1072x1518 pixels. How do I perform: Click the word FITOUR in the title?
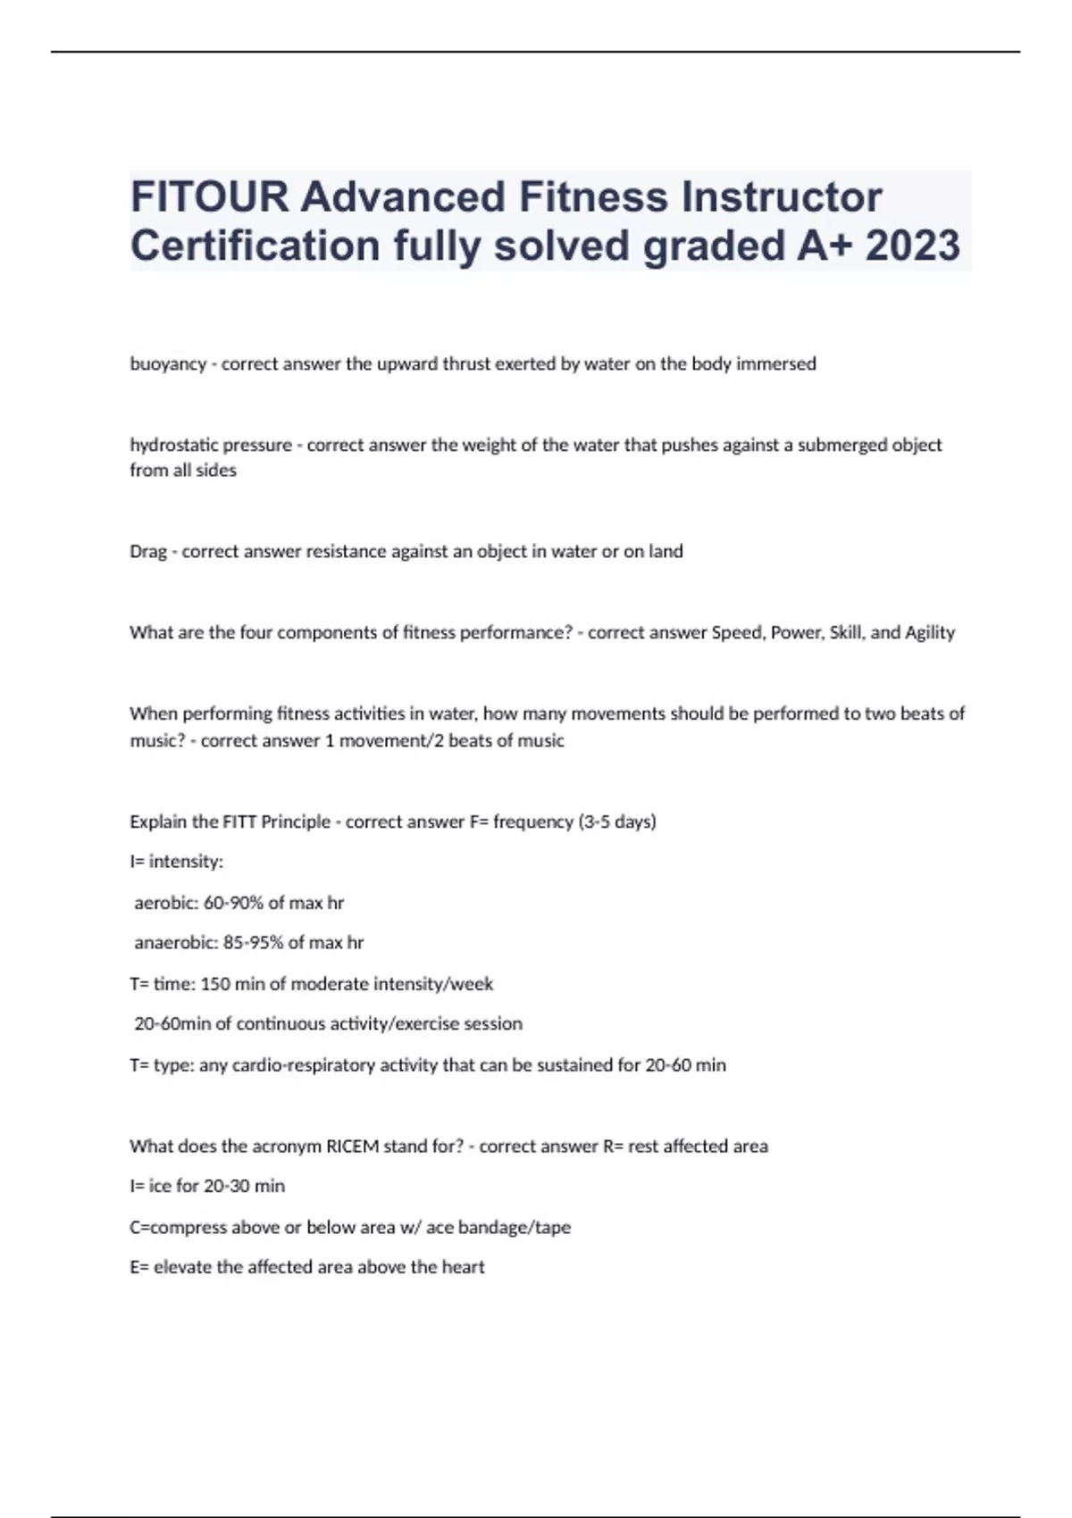click(x=209, y=197)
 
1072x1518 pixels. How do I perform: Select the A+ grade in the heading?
click(x=825, y=246)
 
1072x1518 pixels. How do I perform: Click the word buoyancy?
click(x=168, y=364)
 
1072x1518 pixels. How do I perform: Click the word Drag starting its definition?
click(x=148, y=552)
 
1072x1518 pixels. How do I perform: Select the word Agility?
click(x=930, y=632)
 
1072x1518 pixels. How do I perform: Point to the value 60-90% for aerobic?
click(x=234, y=903)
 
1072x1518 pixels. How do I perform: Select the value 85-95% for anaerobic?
click(x=253, y=942)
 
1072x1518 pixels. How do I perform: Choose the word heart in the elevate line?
click(x=464, y=1267)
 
